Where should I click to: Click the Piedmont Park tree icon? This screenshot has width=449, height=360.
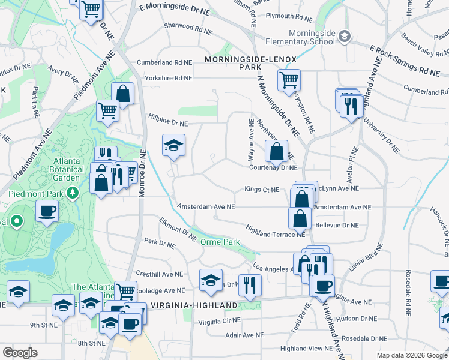(x=73, y=193)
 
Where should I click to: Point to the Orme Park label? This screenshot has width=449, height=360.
(x=219, y=242)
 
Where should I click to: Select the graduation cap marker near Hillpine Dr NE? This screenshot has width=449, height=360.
(x=173, y=145)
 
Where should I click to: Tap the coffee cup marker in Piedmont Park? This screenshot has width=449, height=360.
(x=47, y=210)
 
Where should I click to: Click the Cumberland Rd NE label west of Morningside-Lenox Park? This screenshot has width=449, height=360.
(x=164, y=62)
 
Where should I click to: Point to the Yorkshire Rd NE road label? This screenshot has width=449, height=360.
(x=168, y=78)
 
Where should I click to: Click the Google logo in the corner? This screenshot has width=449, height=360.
(x=20, y=353)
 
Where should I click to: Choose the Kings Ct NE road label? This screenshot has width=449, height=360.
(x=262, y=190)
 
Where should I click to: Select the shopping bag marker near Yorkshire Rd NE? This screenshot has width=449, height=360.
(x=122, y=94)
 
